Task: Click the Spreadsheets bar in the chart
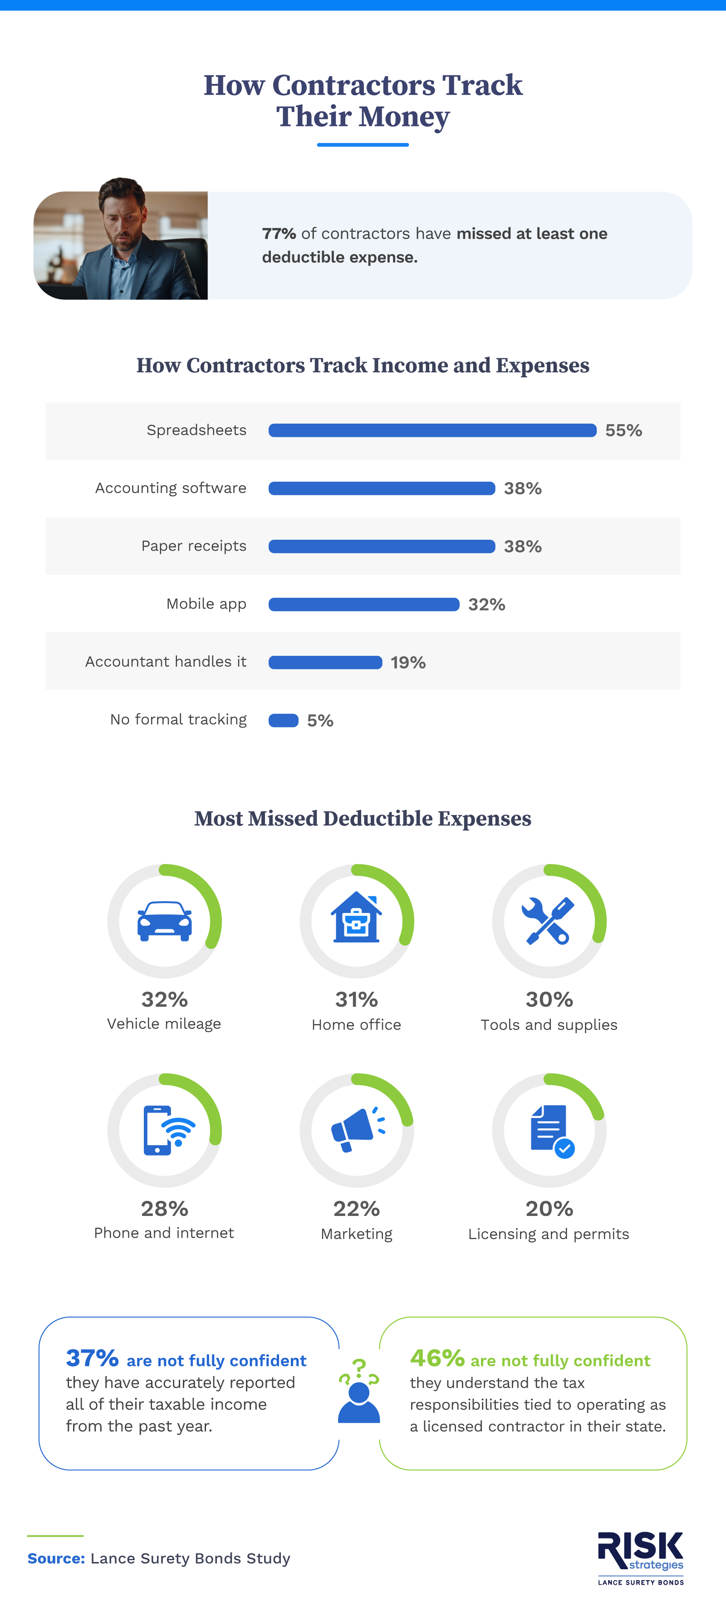(x=432, y=430)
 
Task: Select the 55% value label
(x=623, y=430)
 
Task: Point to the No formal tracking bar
(x=284, y=720)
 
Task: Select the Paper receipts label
(x=193, y=546)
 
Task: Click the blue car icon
(x=165, y=921)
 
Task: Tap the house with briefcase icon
(x=356, y=918)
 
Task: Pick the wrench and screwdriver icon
(x=548, y=920)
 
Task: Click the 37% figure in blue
(x=92, y=1358)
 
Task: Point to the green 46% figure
(x=437, y=1358)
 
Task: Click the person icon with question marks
(x=358, y=1392)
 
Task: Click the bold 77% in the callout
(x=279, y=234)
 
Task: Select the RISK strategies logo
(x=640, y=1557)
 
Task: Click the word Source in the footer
(x=56, y=1558)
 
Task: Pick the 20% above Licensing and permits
(x=549, y=1208)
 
